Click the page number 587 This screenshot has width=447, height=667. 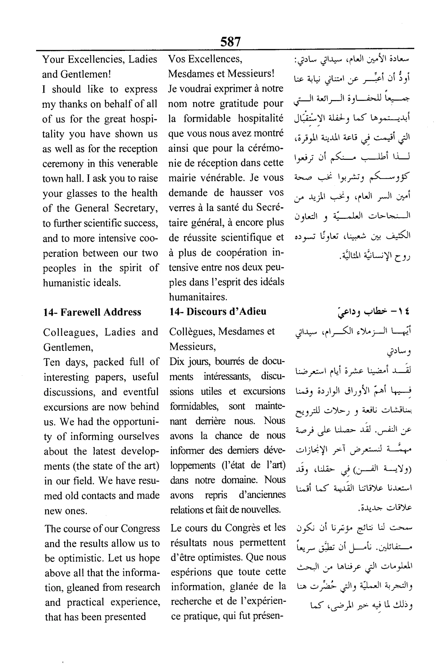[230, 42]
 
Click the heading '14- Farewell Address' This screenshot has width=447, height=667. [92, 312]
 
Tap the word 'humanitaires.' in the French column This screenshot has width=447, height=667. [198, 297]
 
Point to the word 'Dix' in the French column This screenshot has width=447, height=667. [176, 361]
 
